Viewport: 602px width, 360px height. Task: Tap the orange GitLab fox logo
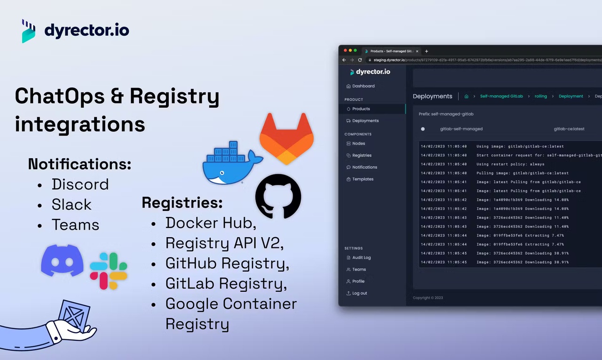click(x=286, y=138)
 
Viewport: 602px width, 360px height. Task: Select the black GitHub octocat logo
click(x=278, y=196)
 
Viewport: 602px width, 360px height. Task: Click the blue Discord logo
click(x=62, y=260)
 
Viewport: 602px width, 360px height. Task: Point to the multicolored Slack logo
click(x=109, y=271)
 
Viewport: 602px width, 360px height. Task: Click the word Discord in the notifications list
click(x=80, y=184)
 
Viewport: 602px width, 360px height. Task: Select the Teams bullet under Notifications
click(x=75, y=225)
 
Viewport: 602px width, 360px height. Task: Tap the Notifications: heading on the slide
click(x=79, y=164)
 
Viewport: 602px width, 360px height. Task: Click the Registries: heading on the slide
click(x=182, y=202)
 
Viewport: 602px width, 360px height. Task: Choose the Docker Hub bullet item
click(x=211, y=223)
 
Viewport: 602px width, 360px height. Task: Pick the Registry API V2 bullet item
click(x=225, y=243)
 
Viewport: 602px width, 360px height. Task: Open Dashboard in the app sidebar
click(x=363, y=86)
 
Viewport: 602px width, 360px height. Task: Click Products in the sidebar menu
click(x=361, y=109)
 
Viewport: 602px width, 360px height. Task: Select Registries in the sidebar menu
click(x=362, y=155)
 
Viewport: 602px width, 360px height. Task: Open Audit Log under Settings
click(x=361, y=257)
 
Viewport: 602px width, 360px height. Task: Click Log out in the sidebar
click(x=359, y=293)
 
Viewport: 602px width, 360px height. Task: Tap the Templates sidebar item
click(x=363, y=179)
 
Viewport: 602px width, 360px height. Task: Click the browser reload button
click(x=360, y=60)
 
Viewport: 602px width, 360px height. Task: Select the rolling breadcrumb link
click(x=540, y=96)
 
